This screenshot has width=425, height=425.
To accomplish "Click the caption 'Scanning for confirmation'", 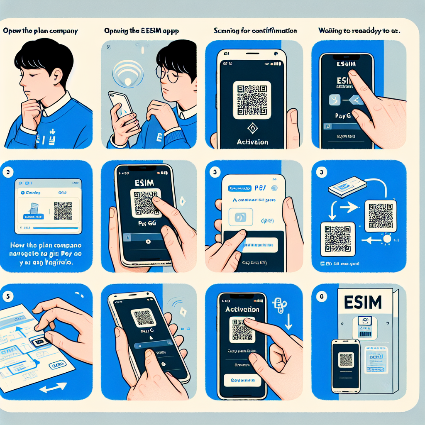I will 255,31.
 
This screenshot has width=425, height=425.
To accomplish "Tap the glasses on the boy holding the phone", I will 168,75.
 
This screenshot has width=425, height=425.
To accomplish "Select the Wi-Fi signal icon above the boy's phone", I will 127,75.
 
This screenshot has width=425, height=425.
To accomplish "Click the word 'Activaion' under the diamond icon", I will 252,142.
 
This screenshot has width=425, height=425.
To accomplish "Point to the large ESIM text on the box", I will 363,302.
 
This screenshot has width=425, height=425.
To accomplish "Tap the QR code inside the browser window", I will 63,211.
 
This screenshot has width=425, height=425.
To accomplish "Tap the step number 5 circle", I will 6,296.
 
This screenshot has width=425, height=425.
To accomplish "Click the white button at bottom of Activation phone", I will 243,380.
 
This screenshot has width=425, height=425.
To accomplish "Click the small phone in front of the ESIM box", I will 346,366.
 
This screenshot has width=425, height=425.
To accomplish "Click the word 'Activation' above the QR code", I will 242,309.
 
